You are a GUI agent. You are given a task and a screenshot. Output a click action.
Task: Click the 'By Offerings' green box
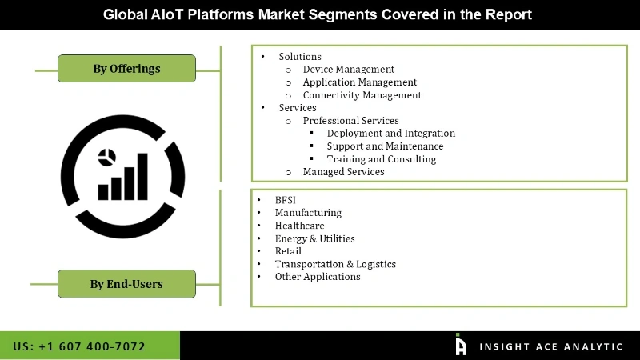coord(126,69)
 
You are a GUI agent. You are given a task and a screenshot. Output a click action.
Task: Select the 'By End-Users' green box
coord(126,284)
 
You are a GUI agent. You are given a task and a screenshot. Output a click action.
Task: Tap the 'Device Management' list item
coord(348,70)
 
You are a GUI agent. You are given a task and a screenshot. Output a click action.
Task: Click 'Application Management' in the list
coord(359,82)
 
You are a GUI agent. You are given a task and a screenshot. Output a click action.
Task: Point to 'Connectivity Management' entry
coord(362,95)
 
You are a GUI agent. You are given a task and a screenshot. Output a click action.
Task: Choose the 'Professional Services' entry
coord(350,121)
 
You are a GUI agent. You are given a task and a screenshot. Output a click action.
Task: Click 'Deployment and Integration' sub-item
coord(390,134)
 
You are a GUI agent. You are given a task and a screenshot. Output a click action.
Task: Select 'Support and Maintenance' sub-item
coord(385,146)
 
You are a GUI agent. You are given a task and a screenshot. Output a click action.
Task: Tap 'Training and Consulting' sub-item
coord(381,159)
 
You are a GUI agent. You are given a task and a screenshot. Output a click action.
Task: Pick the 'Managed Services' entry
coord(343,172)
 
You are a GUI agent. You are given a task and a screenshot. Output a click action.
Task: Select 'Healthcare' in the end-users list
coord(299,226)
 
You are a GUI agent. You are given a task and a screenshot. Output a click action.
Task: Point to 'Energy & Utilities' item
coord(314,238)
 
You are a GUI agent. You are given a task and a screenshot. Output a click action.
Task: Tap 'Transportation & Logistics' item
coord(335,264)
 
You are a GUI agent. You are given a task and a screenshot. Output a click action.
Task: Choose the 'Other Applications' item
coord(318,277)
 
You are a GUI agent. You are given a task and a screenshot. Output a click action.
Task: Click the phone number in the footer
coord(79,346)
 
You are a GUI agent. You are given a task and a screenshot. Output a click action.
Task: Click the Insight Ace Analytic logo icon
coord(461,345)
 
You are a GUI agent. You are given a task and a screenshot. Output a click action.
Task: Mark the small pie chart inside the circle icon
coord(105,155)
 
